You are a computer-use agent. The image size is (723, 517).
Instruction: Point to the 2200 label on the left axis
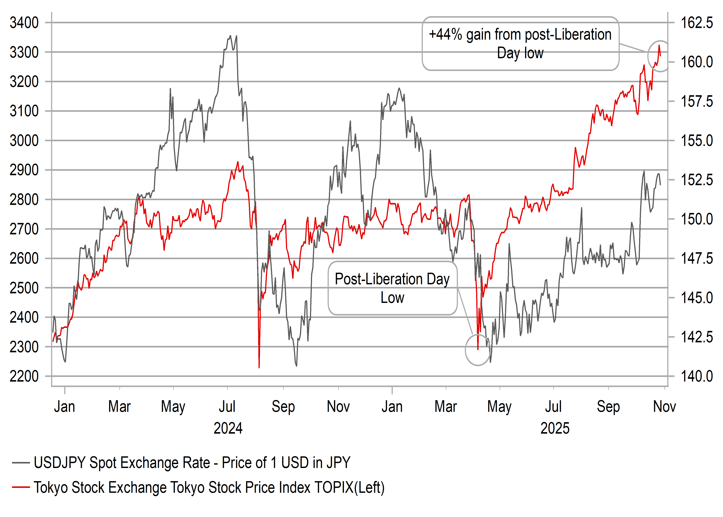[24, 376]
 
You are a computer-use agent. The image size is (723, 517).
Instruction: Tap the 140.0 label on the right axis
[697, 376]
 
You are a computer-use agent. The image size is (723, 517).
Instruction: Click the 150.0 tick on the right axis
[697, 219]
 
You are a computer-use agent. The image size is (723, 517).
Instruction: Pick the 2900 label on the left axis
[24, 170]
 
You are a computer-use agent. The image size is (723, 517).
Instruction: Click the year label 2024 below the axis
[228, 428]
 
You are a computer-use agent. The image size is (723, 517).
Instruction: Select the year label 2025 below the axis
[555, 428]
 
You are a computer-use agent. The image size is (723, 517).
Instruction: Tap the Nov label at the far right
[664, 407]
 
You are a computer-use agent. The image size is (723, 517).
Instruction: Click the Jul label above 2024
[227, 407]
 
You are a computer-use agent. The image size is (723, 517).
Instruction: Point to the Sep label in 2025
[608, 407]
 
